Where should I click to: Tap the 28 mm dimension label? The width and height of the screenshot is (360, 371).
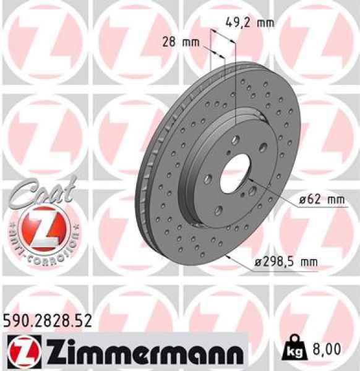(182, 43)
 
